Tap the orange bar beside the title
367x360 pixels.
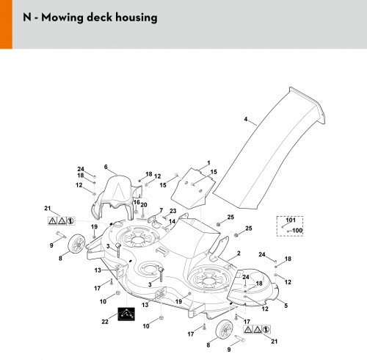point(6,24)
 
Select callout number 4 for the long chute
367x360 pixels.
point(246,119)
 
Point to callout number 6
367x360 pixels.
point(106,167)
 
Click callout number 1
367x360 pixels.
point(208,162)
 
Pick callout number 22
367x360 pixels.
point(105,322)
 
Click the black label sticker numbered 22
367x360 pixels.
point(126,314)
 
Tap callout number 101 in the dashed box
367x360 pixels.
point(291,220)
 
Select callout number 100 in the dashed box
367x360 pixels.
point(297,230)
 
